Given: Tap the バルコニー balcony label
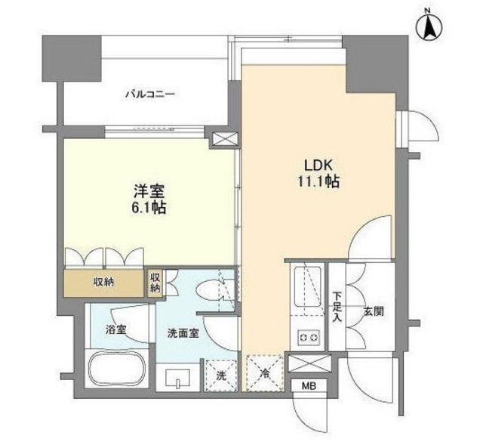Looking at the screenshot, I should click(149, 94).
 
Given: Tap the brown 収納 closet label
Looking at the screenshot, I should click(105, 282).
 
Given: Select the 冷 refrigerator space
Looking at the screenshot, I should click(264, 373).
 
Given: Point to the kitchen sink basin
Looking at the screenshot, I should click(309, 287).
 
